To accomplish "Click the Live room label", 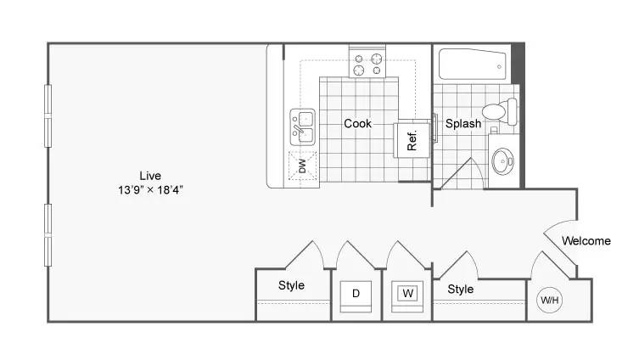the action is click(x=150, y=176).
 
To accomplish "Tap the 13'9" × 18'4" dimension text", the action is click(x=150, y=189).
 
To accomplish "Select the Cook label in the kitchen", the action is click(x=357, y=123).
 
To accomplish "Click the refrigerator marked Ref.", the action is click(x=412, y=140).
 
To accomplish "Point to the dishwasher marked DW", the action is click(x=302, y=166).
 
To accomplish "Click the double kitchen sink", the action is click(x=302, y=127).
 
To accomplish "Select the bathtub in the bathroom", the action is click(x=473, y=65).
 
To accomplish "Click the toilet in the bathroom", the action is click(x=500, y=111).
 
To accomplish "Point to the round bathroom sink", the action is click(x=502, y=161).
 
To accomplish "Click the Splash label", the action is click(x=463, y=123).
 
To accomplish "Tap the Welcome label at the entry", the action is click(x=586, y=241).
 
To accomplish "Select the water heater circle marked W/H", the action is click(x=549, y=301).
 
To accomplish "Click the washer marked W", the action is click(x=407, y=293).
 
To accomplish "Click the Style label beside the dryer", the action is click(x=291, y=285).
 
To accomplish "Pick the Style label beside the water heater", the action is click(x=461, y=289).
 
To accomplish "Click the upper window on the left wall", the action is click(x=48, y=115).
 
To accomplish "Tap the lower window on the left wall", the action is click(x=48, y=235).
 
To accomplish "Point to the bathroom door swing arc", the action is click(x=479, y=172).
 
